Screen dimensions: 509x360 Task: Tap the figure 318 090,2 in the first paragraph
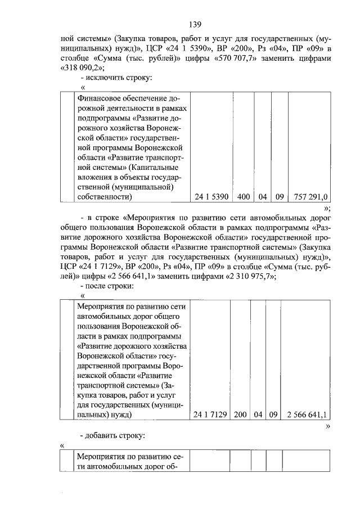pos(84,68)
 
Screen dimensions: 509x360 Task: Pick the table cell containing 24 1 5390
pos(210,197)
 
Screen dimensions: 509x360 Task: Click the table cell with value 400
pos(242,197)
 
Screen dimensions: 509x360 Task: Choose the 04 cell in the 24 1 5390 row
pos(262,197)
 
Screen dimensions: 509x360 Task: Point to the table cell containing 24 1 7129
pos(210,415)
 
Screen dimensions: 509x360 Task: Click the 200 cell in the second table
pos(241,415)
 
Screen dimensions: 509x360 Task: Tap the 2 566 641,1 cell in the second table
pos(307,415)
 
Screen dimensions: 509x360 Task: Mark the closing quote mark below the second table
pos(327,426)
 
